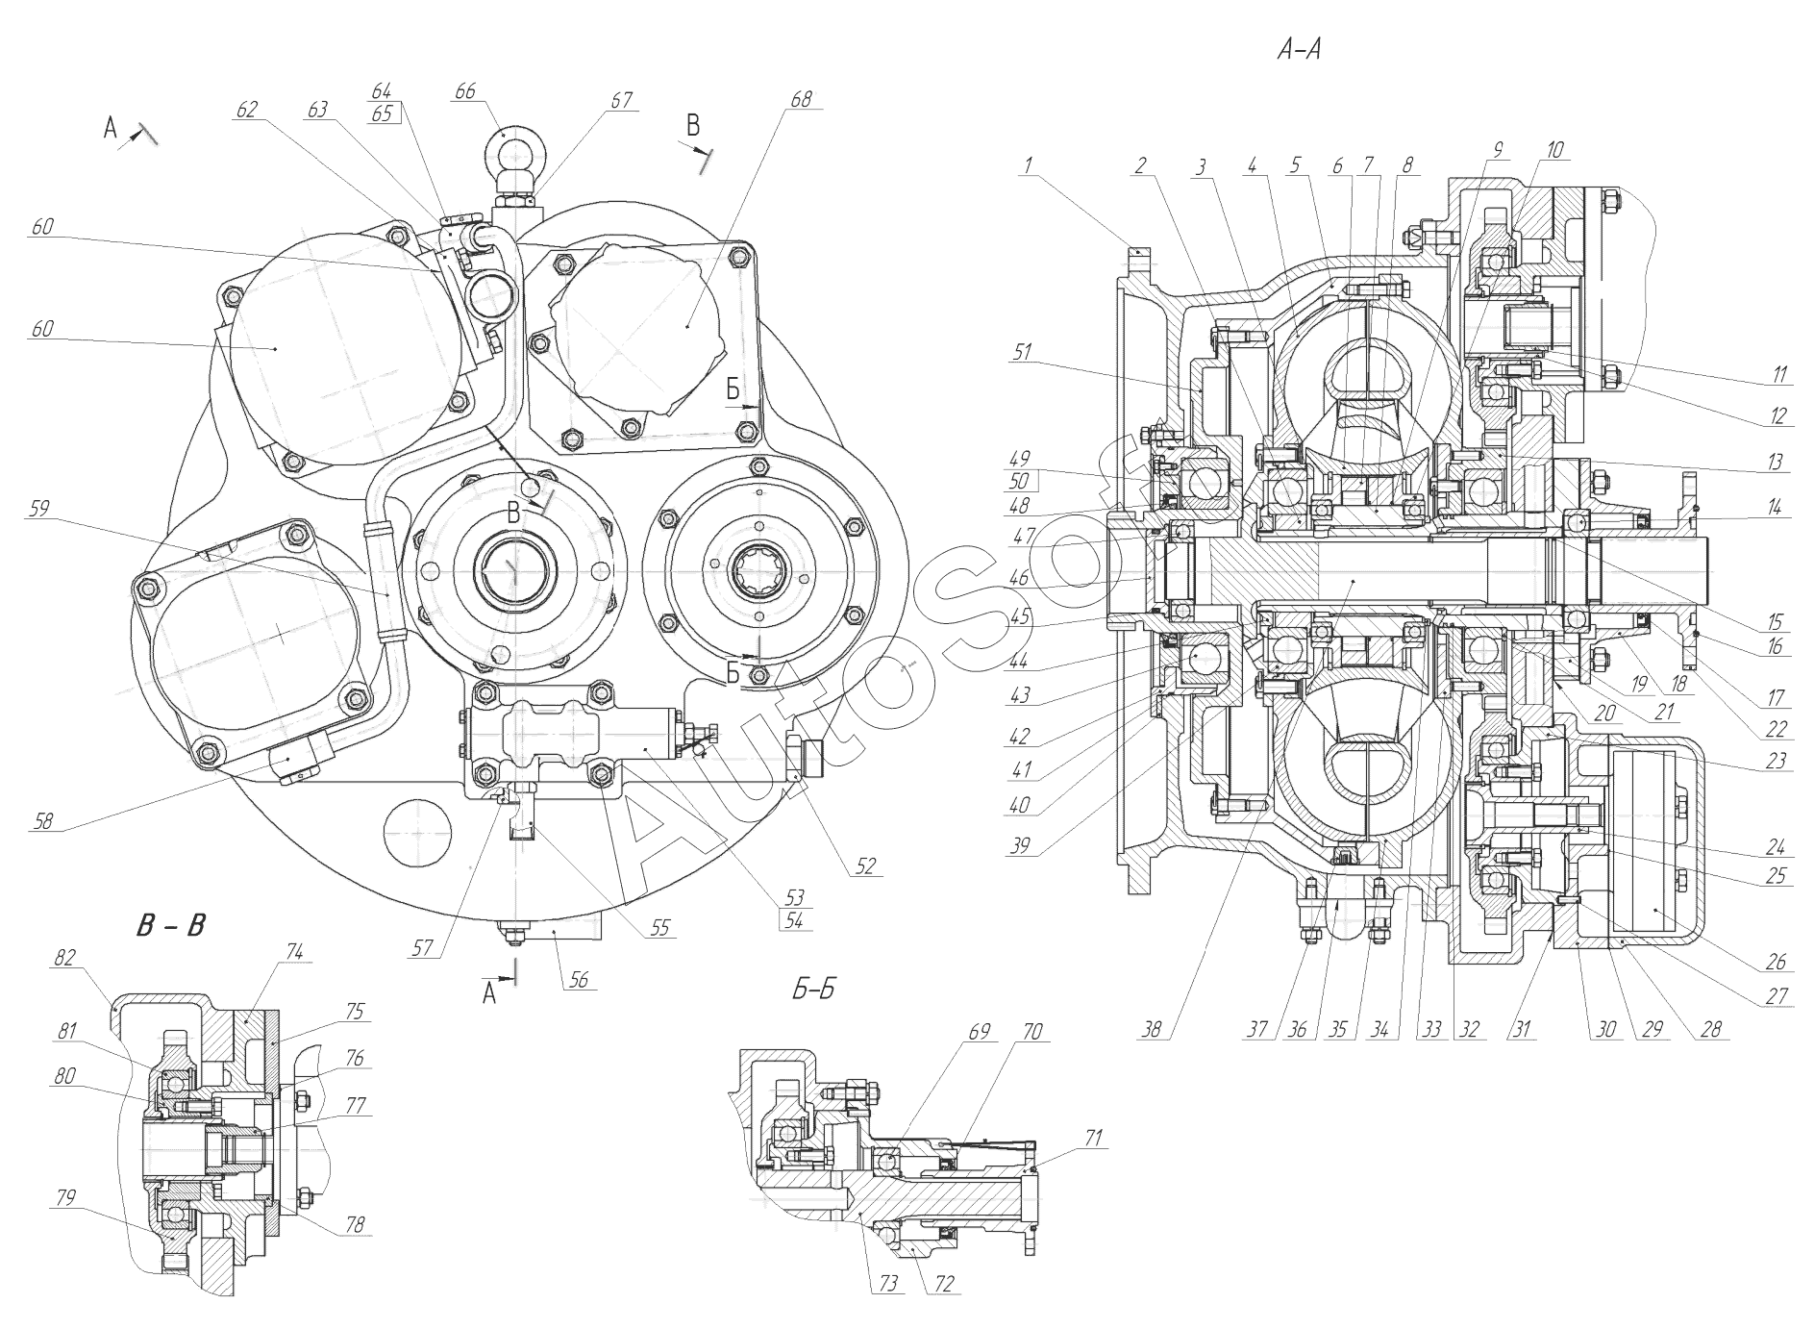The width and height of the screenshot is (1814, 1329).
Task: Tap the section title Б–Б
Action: (x=812, y=990)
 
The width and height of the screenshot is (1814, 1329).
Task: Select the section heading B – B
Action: (x=170, y=925)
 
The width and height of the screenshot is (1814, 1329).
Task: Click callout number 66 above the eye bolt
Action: (x=464, y=91)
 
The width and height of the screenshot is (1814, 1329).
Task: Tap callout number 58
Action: (x=42, y=821)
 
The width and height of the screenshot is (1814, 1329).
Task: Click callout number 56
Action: (x=578, y=981)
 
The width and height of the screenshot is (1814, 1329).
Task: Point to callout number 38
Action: (x=1151, y=1030)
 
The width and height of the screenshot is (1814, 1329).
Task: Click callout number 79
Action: (x=64, y=1197)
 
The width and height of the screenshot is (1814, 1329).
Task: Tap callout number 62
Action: (x=247, y=110)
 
